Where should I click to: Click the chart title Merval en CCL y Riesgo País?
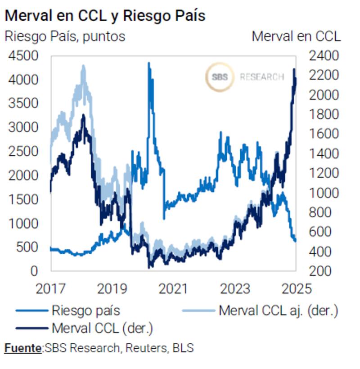(x=104, y=16)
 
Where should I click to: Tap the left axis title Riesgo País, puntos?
(x=65, y=36)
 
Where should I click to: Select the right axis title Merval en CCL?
(x=296, y=36)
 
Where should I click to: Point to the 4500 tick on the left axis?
(x=23, y=56)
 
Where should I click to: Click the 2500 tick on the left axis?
(x=23, y=152)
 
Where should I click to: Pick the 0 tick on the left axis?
(x=34, y=271)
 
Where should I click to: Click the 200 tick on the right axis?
(x=320, y=271)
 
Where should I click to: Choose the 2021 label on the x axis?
(x=173, y=288)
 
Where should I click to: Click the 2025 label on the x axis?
(x=296, y=288)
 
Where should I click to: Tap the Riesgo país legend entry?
(x=85, y=310)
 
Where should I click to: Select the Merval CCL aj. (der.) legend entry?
(x=278, y=310)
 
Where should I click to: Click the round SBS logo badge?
(x=220, y=77)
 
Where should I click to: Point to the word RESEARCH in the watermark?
(x=261, y=77)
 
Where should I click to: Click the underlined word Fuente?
(x=23, y=348)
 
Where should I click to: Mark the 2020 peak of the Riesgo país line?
(x=149, y=63)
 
